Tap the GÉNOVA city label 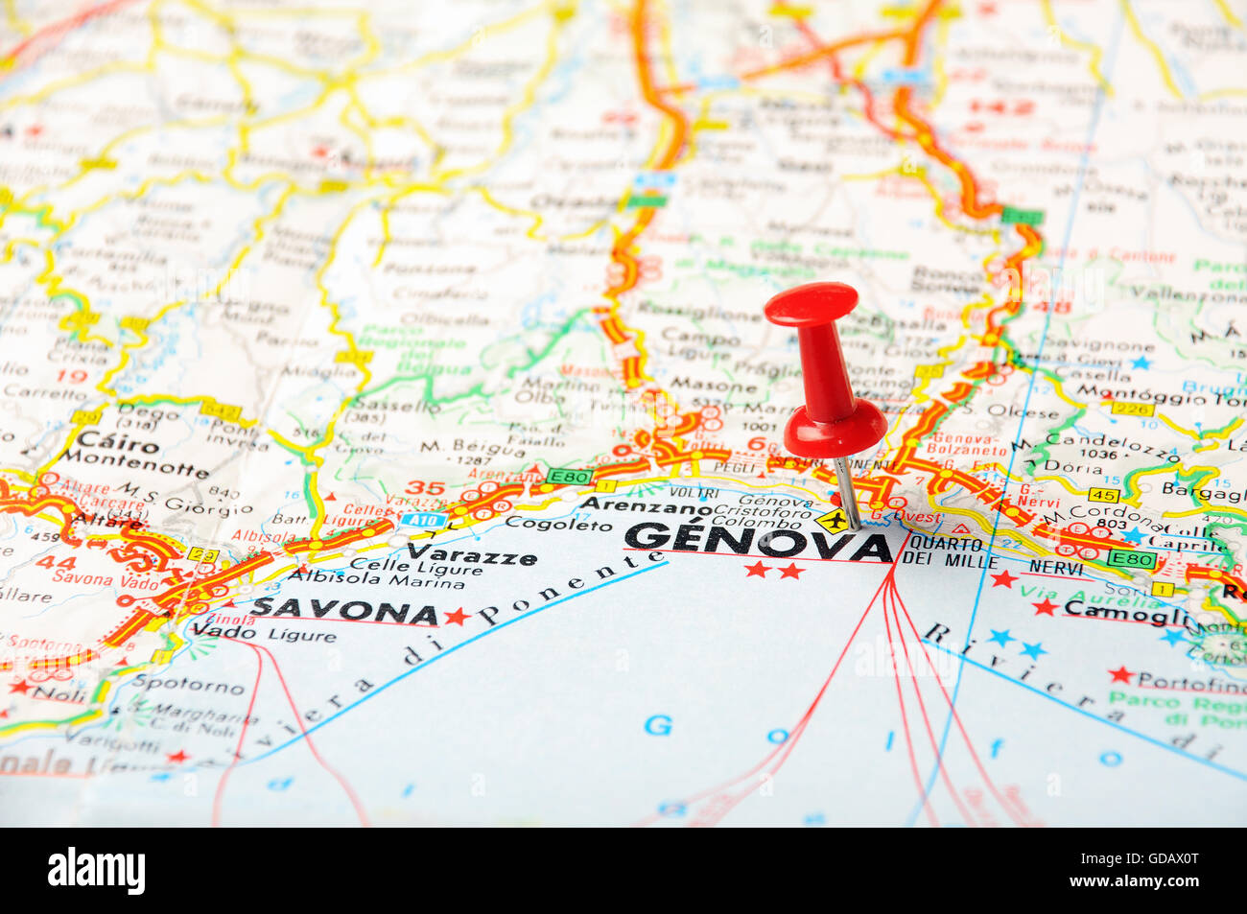757,542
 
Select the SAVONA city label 344,610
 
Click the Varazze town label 471,553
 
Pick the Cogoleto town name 545,523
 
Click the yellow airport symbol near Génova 833,522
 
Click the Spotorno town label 188,686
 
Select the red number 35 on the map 424,487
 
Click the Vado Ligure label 263,632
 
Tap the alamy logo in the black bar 96,870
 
